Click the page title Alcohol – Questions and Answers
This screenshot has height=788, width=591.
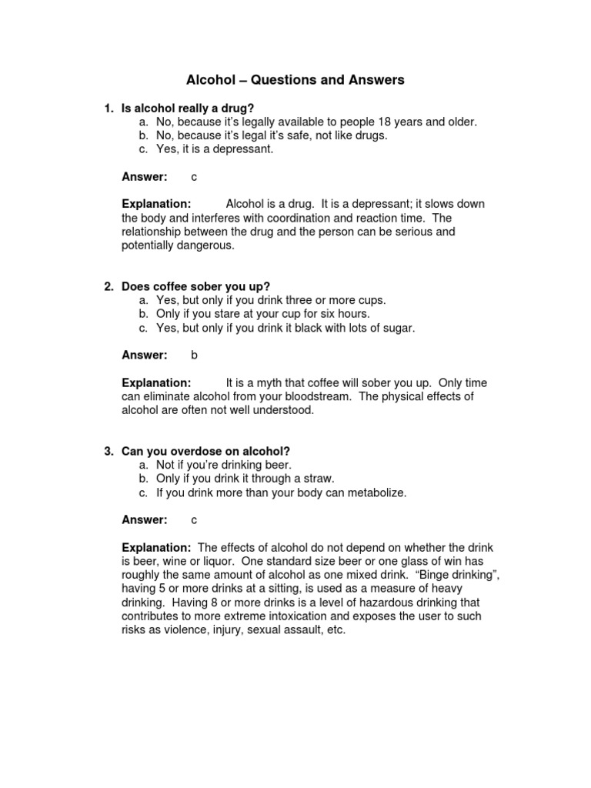[295, 80]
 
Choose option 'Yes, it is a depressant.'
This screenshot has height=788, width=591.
[214, 149]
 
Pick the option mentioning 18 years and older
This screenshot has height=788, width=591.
[316, 122]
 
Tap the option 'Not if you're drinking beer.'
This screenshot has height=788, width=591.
[224, 465]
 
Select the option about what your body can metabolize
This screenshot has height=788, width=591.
[281, 492]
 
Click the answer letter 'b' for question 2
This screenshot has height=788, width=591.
[195, 355]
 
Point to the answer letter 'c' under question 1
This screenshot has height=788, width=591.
[194, 177]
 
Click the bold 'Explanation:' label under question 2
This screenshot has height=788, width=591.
[156, 382]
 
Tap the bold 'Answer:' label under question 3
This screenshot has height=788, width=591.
[145, 520]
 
